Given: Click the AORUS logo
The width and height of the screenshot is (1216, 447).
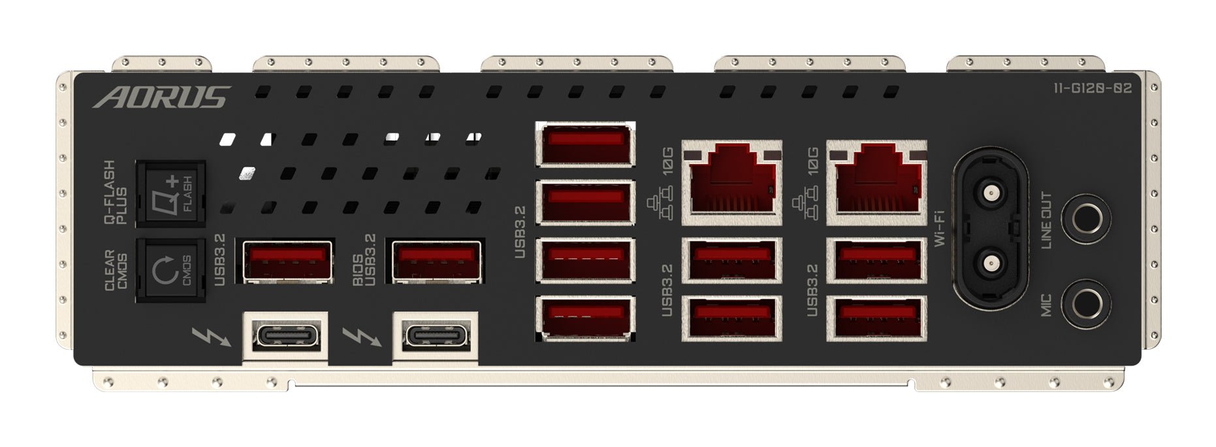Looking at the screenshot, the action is coord(161,97).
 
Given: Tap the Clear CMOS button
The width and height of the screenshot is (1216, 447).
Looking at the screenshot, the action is coord(170,270).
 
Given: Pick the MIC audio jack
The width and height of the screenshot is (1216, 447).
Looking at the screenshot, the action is coord(1086,304).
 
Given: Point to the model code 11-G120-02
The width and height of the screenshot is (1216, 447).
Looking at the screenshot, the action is coord(1092,89).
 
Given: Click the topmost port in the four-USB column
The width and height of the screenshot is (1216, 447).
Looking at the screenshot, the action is coord(585,144).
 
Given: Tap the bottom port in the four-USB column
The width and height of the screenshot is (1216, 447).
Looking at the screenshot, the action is coord(585,318).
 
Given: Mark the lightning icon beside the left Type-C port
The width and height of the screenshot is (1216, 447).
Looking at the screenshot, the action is coord(211,337).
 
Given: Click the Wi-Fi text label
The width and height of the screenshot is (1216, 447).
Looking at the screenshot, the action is coord(939,227).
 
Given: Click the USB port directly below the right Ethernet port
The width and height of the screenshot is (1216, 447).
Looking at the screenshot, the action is coord(876,260).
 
